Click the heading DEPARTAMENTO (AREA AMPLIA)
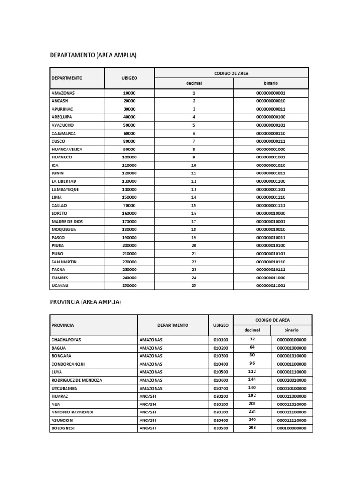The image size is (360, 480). point(93,55)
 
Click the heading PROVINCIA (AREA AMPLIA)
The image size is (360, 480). point(85,302)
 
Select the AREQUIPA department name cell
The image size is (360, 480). point(62,117)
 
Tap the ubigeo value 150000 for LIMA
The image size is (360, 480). point(129,197)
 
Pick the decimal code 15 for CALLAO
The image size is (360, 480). point(194,205)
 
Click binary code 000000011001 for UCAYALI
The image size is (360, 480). point(270,285)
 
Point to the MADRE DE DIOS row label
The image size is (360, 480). point(67,221)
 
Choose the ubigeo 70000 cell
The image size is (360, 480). point(129,205)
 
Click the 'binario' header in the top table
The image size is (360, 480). point(270,83)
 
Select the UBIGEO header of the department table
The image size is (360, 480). point(129,78)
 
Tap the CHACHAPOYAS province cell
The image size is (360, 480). point(66,339)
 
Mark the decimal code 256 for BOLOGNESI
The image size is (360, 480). point(252,428)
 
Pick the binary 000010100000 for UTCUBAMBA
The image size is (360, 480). point(292,388)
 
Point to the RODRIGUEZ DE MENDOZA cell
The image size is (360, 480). point(77,380)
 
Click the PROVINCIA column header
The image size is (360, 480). point(63,325)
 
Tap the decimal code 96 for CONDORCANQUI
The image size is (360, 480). point(252,364)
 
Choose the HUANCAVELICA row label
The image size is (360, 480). point(67,149)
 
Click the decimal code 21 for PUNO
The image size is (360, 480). point(194,254)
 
